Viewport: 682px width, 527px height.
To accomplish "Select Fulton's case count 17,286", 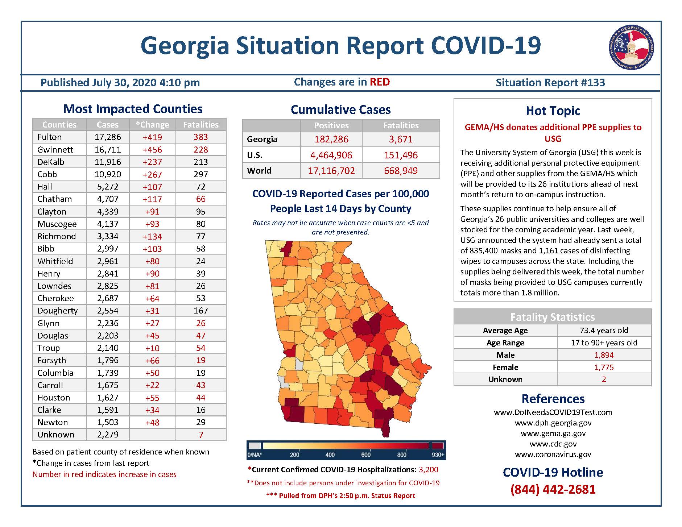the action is (x=108, y=137).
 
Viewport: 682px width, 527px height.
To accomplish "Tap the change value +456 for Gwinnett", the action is (x=152, y=150).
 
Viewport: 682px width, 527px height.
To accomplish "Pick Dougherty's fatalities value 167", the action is (x=201, y=311).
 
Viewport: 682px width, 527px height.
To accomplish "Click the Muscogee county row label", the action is (x=57, y=224).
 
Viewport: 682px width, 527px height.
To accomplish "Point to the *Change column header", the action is (x=152, y=125).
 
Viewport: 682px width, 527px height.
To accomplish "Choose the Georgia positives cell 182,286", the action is (x=331, y=139).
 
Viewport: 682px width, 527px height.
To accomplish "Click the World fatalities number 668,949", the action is (x=401, y=171).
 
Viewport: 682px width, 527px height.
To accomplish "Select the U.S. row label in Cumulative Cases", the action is (x=255, y=155).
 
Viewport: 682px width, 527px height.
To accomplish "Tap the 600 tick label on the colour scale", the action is (x=366, y=455).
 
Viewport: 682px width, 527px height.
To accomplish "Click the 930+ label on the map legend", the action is (x=438, y=455).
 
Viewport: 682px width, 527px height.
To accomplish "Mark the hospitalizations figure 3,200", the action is (x=429, y=470).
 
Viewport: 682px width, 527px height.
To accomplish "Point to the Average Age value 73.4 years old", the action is (x=604, y=331).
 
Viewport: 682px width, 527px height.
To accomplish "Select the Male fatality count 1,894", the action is (x=604, y=355).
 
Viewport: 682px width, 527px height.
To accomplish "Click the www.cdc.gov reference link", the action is (x=553, y=444).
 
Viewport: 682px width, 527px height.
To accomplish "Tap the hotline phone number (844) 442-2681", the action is (x=553, y=490).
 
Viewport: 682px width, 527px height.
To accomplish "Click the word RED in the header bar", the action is (x=380, y=82).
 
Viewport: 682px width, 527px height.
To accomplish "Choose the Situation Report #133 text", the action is (x=550, y=83).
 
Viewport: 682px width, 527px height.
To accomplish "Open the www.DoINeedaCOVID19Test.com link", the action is (x=553, y=412).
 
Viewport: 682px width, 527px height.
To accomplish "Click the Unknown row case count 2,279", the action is (x=108, y=435).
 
